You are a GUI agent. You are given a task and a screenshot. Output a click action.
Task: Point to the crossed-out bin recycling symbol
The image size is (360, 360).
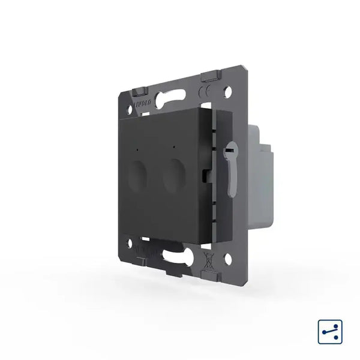click(206, 262)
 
